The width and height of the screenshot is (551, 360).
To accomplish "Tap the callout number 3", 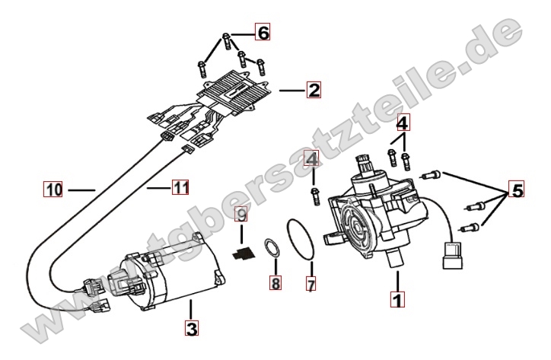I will click(x=191, y=329).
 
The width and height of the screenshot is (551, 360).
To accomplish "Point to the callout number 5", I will click(x=516, y=191).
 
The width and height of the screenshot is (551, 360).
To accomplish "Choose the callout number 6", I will click(x=262, y=33).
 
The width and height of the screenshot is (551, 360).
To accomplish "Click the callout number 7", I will click(x=311, y=285).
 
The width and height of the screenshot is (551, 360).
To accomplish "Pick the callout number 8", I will click(x=275, y=283).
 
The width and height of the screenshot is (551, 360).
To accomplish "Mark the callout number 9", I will click(x=240, y=215).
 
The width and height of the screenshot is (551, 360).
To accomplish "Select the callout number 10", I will click(x=52, y=188).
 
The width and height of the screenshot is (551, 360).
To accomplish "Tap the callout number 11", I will click(x=180, y=186).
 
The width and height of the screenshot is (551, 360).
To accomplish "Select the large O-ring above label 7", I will click(x=302, y=238).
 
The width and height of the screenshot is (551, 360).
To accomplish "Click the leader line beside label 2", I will click(x=291, y=91).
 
